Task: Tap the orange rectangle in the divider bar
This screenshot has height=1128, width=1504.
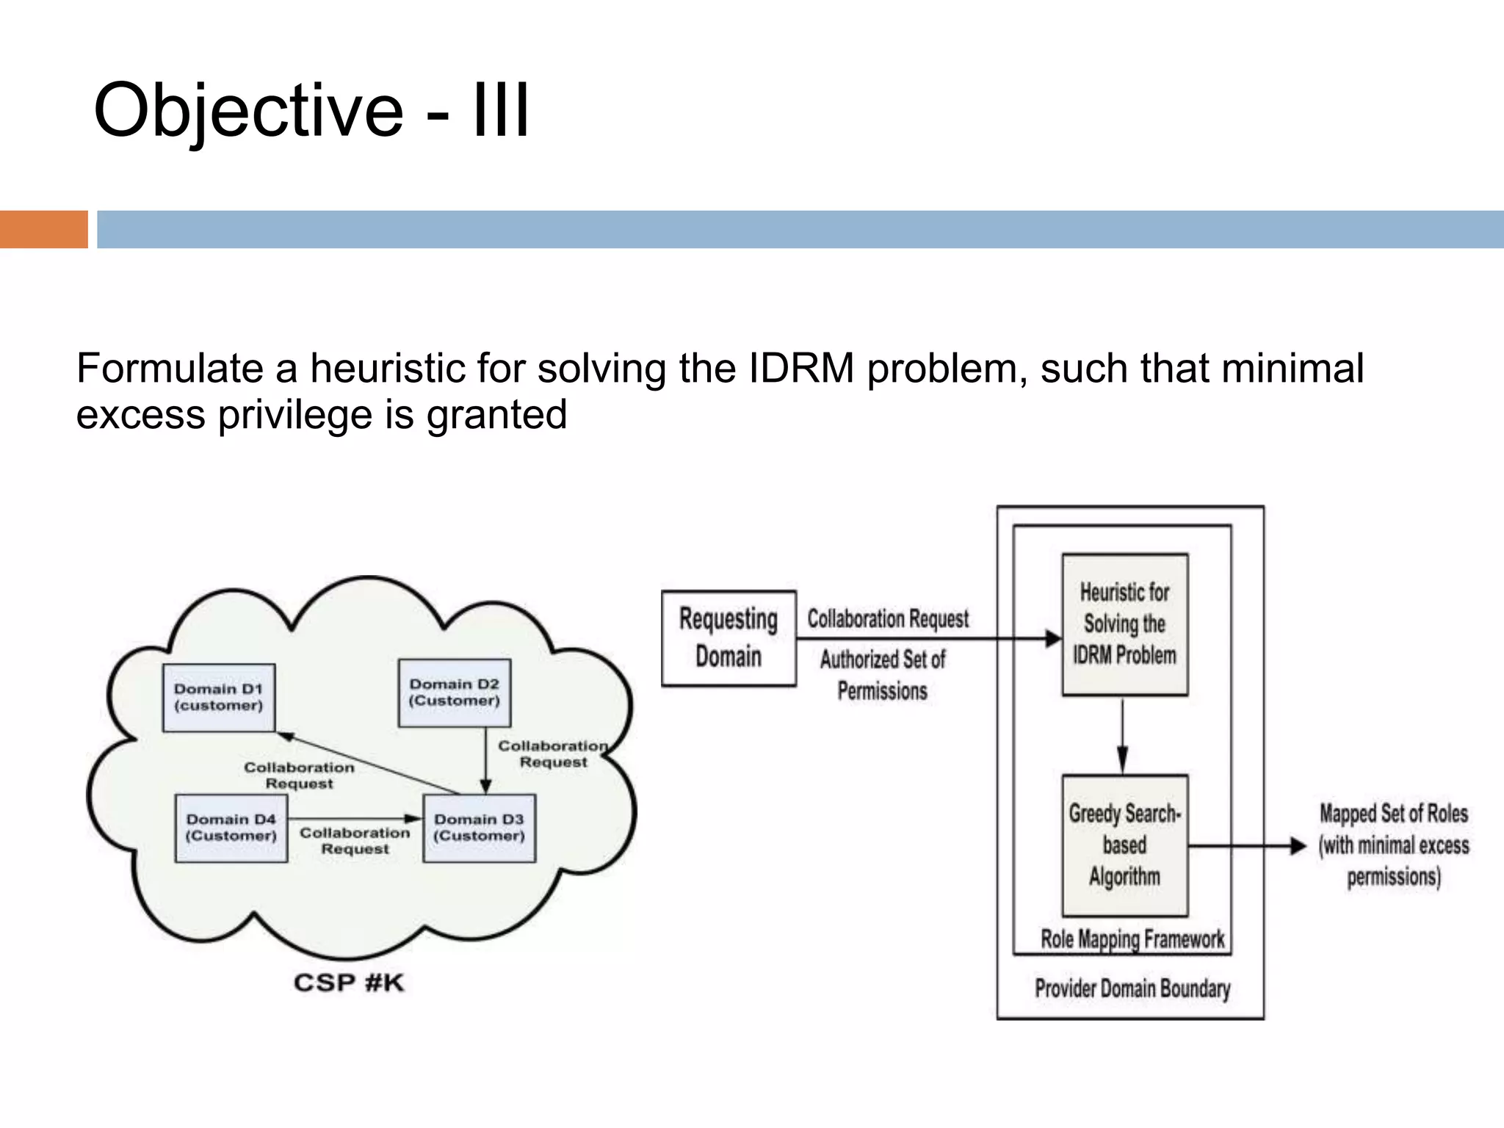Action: point(43,229)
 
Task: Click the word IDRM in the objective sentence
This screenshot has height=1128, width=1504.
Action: point(801,368)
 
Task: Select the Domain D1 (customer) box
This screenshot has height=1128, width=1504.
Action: point(219,698)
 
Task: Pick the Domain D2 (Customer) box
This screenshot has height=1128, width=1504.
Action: point(455,693)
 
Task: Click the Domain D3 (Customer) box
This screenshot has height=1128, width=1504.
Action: point(480,828)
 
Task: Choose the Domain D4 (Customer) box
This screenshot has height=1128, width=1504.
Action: point(231,828)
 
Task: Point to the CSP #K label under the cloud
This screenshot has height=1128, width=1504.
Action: point(349,983)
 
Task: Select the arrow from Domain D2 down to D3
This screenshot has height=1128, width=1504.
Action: point(485,760)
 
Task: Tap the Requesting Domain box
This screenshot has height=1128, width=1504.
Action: point(728,638)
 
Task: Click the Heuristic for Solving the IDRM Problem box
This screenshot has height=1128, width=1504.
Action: point(1124,624)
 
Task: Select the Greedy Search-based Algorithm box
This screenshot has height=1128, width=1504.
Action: point(1124,845)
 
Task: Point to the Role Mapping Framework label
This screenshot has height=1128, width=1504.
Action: point(1132,939)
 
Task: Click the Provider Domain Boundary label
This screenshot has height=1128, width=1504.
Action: point(1132,988)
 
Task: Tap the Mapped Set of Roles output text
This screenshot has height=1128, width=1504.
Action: point(1393,845)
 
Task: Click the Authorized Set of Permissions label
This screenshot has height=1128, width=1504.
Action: point(883,675)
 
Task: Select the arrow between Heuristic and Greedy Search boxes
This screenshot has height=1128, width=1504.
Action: point(1122,734)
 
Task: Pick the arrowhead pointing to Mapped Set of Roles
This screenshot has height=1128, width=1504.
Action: point(1298,846)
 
